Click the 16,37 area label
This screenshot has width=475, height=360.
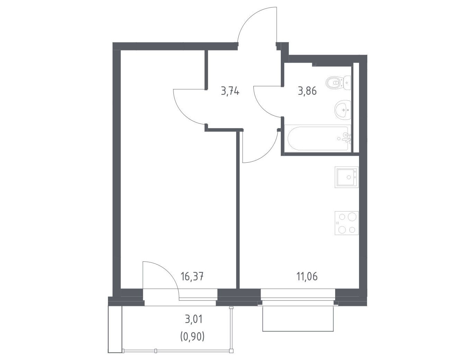coord(192,277)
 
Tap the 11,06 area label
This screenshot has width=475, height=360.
coord(307,277)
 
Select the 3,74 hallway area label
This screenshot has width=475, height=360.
coord(230,91)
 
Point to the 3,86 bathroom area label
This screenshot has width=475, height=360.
coord(307,91)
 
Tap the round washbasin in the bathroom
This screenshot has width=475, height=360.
coord(343,110)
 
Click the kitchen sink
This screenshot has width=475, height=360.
coord(347,177)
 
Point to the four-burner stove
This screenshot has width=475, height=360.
coord(347,223)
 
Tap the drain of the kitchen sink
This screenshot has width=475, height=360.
coord(349,177)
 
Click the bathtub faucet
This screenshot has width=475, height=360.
coord(347,138)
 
